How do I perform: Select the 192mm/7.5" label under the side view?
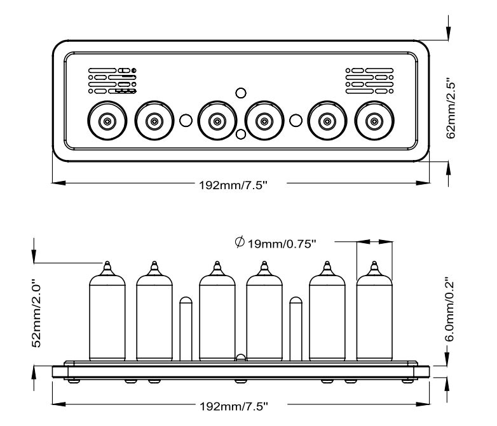(x=236, y=404)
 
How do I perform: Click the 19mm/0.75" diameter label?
(x=282, y=243)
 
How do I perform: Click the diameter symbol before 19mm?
(x=240, y=242)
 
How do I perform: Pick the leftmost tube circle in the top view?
(x=106, y=120)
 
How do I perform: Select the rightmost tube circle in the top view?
(x=374, y=120)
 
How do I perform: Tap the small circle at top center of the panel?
(x=240, y=93)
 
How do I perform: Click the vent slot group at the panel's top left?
(x=112, y=81)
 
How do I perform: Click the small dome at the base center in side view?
(x=240, y=359)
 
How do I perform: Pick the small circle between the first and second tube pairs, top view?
(x=186, y=119)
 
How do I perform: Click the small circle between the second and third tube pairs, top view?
(x=295, y=119)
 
